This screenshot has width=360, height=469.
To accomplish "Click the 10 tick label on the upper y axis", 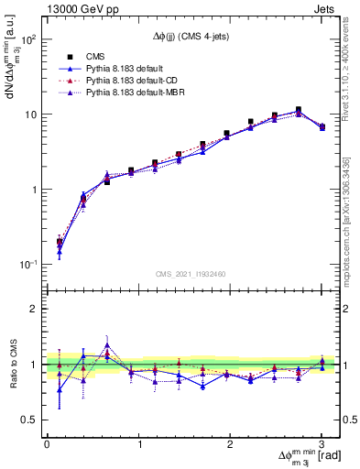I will (x=30, y=115).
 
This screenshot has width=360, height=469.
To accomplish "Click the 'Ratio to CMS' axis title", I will (x=12, y=365).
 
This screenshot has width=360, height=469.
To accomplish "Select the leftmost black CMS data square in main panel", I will (x=60, y=243).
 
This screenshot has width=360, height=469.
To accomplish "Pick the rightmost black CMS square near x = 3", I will (x=322, y=126).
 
